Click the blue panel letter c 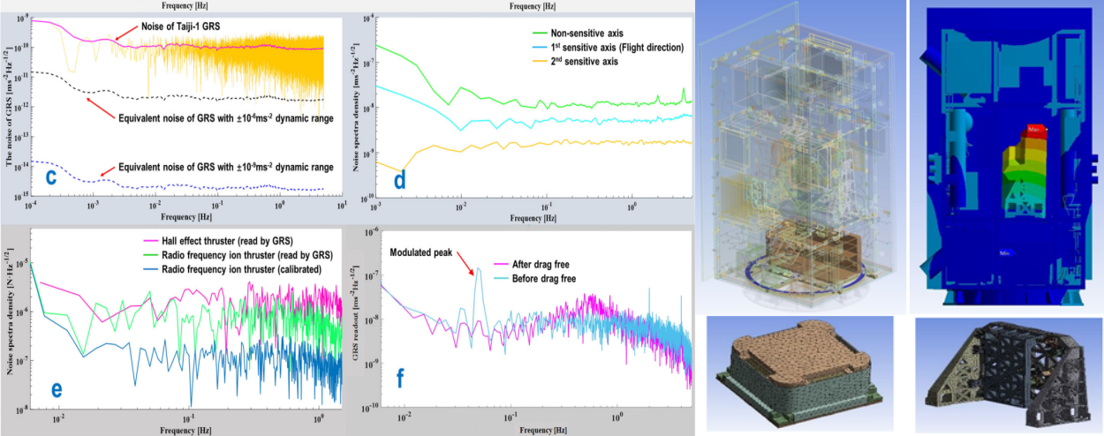pos(51,176)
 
